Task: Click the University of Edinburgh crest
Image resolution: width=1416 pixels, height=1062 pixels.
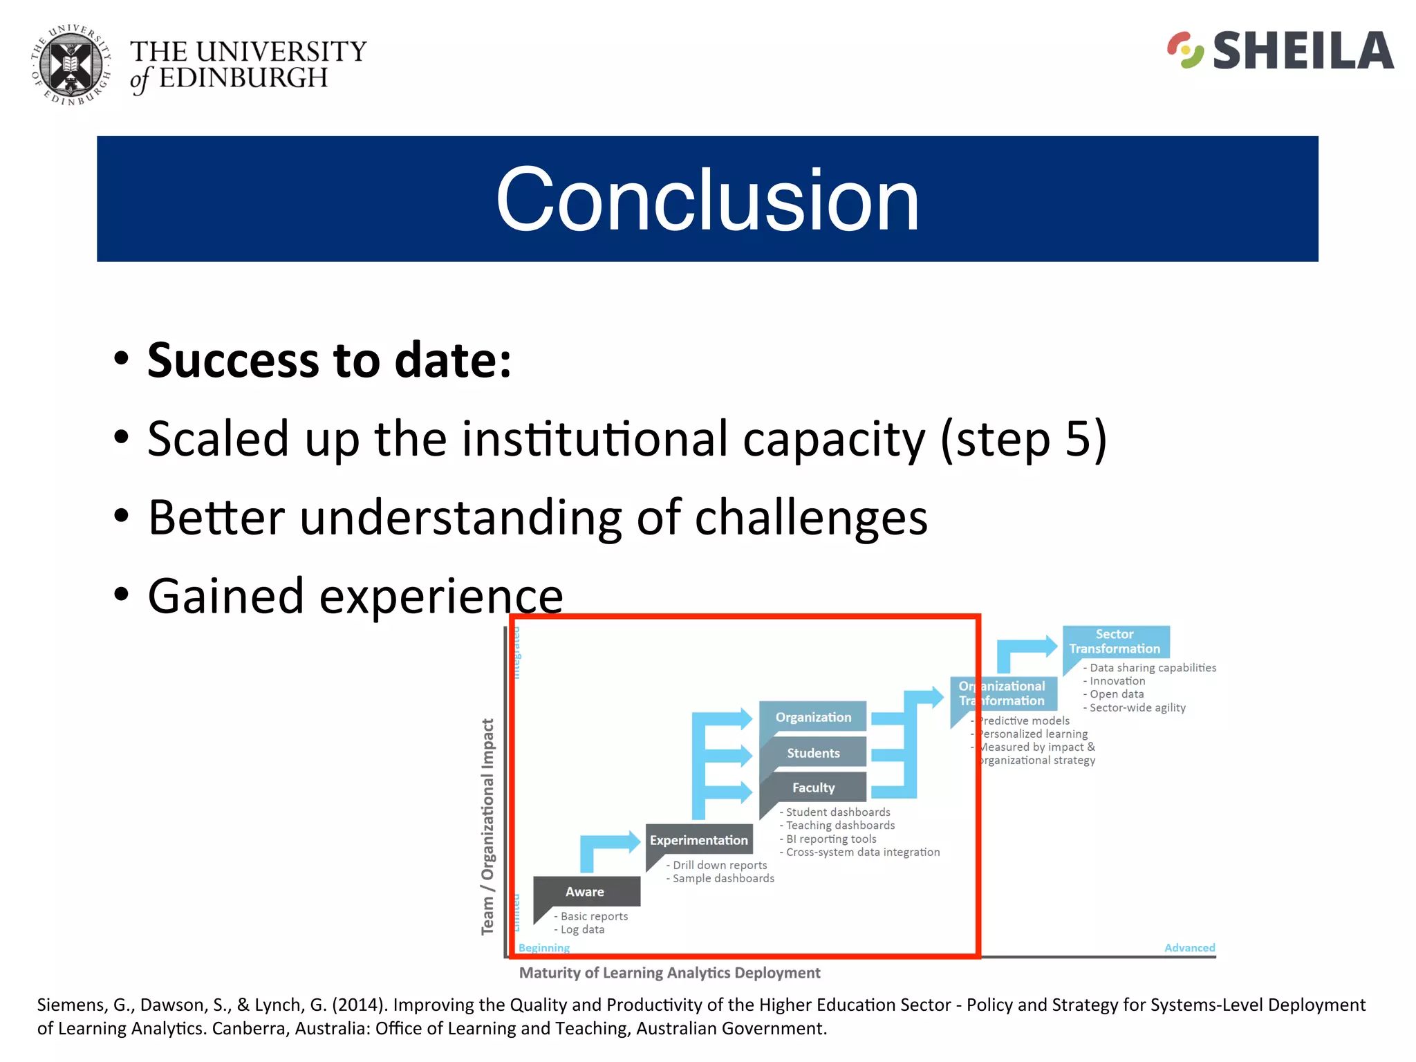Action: [x=70, y=66]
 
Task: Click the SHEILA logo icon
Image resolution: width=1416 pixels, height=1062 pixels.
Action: [x=1185, y=50]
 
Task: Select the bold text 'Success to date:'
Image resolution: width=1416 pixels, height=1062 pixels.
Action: [x=329, y=360]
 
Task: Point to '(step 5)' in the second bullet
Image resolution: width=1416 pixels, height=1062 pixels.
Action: [x=1023, y=439]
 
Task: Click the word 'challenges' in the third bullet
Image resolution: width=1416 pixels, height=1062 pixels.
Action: [x=810, y=517]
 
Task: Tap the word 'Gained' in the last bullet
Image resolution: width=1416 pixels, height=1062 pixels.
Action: [x=225, y=596]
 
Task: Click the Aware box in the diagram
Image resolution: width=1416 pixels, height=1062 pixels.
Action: [x=586, y=891]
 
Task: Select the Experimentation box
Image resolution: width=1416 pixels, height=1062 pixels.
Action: [x=698, y=840]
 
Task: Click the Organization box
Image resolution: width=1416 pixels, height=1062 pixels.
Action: [x=813, y=717]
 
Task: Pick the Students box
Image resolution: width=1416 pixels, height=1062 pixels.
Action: [x=813, y=753]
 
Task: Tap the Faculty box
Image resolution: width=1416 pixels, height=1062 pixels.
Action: [x=813, y=788]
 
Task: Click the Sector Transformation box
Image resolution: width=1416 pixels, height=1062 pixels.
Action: [x=1115, y=642]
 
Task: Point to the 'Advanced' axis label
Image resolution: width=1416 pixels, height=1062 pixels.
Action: [x=1189, y=947]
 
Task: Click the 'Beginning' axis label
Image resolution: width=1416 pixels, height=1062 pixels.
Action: [x=544, y=947]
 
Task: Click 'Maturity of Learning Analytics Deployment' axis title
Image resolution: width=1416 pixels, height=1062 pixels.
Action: [x=669, y=973]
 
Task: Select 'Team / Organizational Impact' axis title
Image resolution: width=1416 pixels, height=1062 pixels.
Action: [x=488, y=826]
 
